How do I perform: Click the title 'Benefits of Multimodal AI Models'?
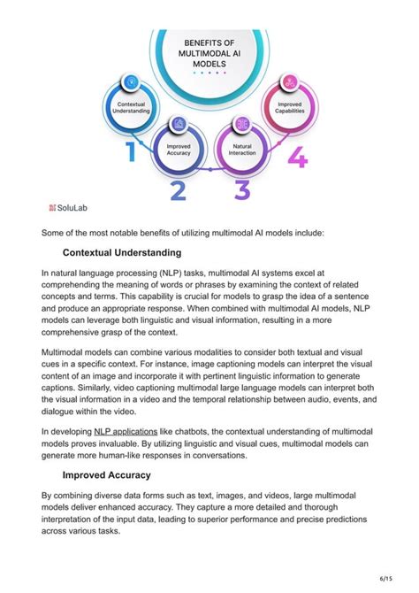tap(209, 53)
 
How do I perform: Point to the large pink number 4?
tap(297, 158)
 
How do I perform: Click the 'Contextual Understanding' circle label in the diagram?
tap(132, 107)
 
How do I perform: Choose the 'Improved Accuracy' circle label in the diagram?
tap(178, 149)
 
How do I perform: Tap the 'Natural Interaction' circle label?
tap(242, 149)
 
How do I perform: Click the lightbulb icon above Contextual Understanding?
tap(132, 81)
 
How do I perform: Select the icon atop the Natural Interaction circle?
tap(242, 123)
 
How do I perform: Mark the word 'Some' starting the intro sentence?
tap(56, 233)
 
